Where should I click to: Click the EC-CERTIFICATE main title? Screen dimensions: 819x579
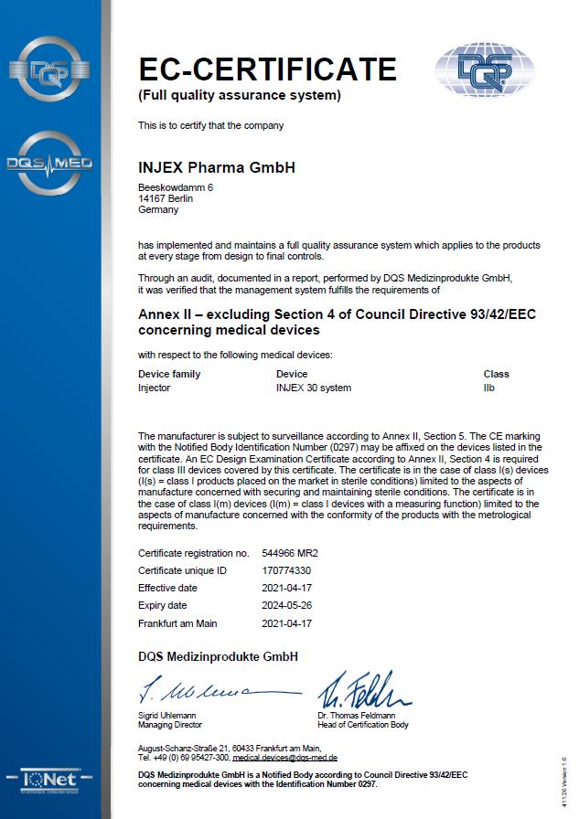pyautogui.click(x=267, y=69)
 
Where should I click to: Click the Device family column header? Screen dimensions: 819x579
pyautogui.click(x=169, y=374)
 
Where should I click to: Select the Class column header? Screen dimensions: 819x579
pyautogui.click(x=496, y=374)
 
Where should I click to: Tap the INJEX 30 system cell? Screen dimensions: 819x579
pyautogui.click(x=314, y=388)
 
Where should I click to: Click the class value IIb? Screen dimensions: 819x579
pyautogui.click(x=489, y=388)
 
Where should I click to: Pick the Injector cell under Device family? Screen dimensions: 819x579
pyautogui.click(x=154, y=388)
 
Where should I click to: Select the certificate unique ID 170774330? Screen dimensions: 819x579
pyautogui.click(x=287, y=570)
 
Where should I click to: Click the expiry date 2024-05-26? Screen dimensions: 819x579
pyautogui.click(x=288, y=605)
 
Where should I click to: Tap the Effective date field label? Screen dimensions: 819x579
pyautogui.click(x=167, y=588)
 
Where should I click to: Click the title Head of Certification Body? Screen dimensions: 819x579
pyautogui.click(x=363, y=725)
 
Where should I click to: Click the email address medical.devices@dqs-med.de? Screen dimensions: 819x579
pyautogui.click(x=285, y=758)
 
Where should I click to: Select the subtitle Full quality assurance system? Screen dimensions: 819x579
pyautogui.click(x=239, y=95)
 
